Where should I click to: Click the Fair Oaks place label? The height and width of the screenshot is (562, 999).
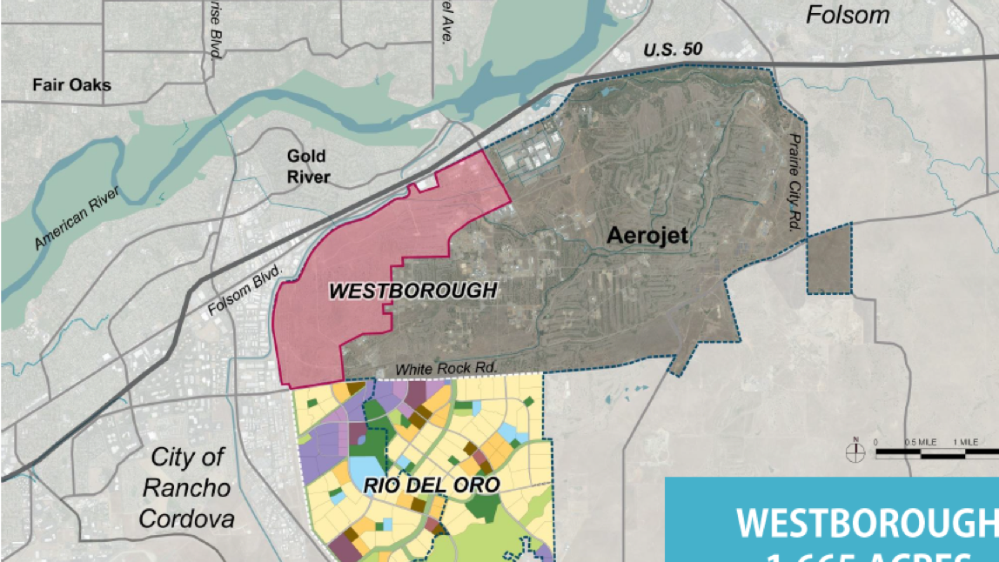pyautogui.click(x=71, y=85)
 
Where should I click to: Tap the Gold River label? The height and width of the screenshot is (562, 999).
pyautogui.click(x=308, y=166)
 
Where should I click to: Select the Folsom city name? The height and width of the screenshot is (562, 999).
pyautogui.click(x=847, y=15)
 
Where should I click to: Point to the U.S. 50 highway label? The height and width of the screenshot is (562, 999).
pyautogui.click(x=673, y=50)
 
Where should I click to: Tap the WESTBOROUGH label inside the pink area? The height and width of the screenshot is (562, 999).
pyautogui.click(x=412, y=291)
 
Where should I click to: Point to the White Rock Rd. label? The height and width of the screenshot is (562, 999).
pyautogui.click(x=446, y=369)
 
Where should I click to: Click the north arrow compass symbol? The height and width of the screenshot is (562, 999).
pyautogui.click(x=855, y=450)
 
